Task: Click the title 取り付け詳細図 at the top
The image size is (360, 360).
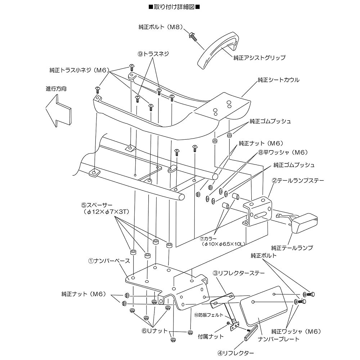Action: click(x=174, y=7)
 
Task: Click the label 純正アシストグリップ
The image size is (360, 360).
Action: click(x=260, y=58)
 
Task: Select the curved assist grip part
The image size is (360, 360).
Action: click(x=218, y=49)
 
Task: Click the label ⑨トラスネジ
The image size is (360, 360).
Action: click(x=153, y=54)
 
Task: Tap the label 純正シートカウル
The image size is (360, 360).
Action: click(x=279, y=80)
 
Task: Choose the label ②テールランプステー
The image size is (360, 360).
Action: click(x=298, y=181)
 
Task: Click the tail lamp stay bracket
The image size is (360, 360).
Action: click(x=257, y=211)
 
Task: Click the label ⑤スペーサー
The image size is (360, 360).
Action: click(x=96, y=205)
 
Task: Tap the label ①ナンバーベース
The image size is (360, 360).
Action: click(x=109, y=261)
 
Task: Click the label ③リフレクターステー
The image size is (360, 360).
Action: click(x=239, y=273)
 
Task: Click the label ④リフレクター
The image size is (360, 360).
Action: click(x=235, y=353)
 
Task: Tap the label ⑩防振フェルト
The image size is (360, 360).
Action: click(x=209, y=315)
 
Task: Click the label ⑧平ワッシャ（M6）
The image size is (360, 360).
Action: click(x=283, y=152)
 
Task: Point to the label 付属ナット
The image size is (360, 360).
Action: click(x=211, y=337)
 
